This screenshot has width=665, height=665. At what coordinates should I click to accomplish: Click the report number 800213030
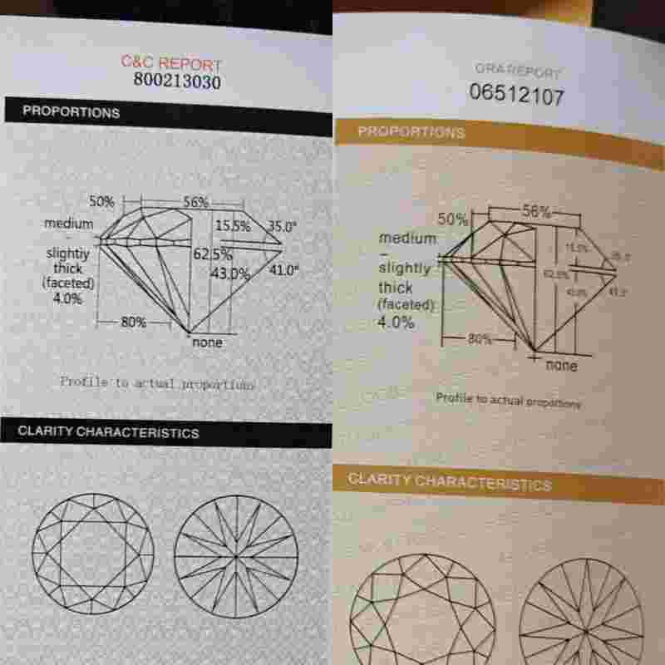(x=177, y=81)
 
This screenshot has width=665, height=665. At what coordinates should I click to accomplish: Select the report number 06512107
(x=516, y=95)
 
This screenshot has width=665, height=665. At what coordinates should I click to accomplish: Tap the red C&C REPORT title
(x=171, y=63)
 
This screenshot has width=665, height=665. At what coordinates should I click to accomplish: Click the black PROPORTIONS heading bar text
(x=71, y=111)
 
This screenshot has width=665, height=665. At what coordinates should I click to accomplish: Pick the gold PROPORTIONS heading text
(x=411, y=132)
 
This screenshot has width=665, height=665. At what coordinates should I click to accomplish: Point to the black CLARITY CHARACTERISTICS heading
(x=108, y=432)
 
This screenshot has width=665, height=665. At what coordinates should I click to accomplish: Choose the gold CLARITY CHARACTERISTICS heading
(x=449, y=481)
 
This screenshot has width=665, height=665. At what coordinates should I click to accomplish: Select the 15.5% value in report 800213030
(x=233, y=225)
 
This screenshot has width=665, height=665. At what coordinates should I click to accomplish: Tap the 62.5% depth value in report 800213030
(x=213, y=254)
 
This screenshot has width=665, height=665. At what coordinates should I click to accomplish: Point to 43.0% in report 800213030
(x=233, y=273)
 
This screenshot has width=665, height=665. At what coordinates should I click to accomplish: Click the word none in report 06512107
(x=562, y=365)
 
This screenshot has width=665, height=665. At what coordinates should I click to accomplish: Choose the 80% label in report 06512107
(x=480, y=339)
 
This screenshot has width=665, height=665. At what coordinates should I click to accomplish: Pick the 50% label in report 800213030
(x=101, y=201)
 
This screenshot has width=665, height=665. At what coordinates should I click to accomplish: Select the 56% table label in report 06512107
(x=536, y=211)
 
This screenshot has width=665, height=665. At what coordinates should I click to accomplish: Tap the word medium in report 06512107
(x=407, y=238)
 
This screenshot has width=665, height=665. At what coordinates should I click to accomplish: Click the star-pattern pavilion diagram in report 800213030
(x=236, y=556)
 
